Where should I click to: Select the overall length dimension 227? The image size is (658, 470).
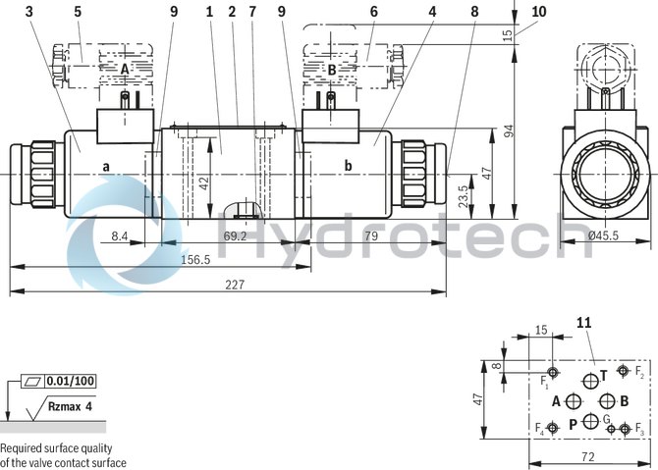tap(235, 285)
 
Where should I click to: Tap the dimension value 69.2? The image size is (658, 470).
tap(235, 236)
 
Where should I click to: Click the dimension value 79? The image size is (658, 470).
tap(372, 236)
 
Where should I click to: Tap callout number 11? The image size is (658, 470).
tap(584, 322)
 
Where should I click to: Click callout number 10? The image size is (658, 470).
tap(538, 12)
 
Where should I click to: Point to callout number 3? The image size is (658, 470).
tap(29, 12)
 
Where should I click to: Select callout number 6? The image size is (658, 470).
tap(373, 12)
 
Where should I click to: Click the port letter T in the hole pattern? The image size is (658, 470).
tap(605, 374)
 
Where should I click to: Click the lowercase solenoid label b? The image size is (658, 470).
tap(348, 166)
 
